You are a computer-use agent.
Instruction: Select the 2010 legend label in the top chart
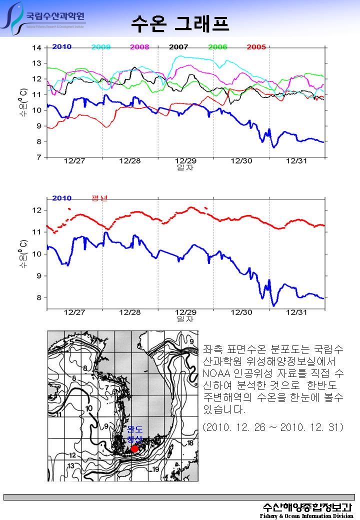[61, 47]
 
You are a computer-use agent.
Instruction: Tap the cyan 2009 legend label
[101, 47]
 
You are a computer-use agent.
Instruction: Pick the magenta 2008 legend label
[139, 47]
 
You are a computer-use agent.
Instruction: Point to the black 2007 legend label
[178, 47]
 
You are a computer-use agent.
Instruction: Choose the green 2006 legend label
[217, 47]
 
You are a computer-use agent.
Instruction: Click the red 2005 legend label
[256, 47]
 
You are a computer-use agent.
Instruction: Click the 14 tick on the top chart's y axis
[36, 48]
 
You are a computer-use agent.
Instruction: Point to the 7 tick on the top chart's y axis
[38, 157]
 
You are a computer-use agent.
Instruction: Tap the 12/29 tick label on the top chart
[185, 161]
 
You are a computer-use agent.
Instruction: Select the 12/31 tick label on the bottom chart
[296, 312]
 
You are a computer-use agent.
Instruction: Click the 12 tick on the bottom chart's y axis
[36, 210]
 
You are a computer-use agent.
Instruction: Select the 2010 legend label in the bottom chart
[61, 198]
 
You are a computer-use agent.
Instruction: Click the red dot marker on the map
[134, 449]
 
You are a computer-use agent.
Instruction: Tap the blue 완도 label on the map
[135, 429]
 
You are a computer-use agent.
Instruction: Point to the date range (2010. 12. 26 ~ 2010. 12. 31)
[273, 427]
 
